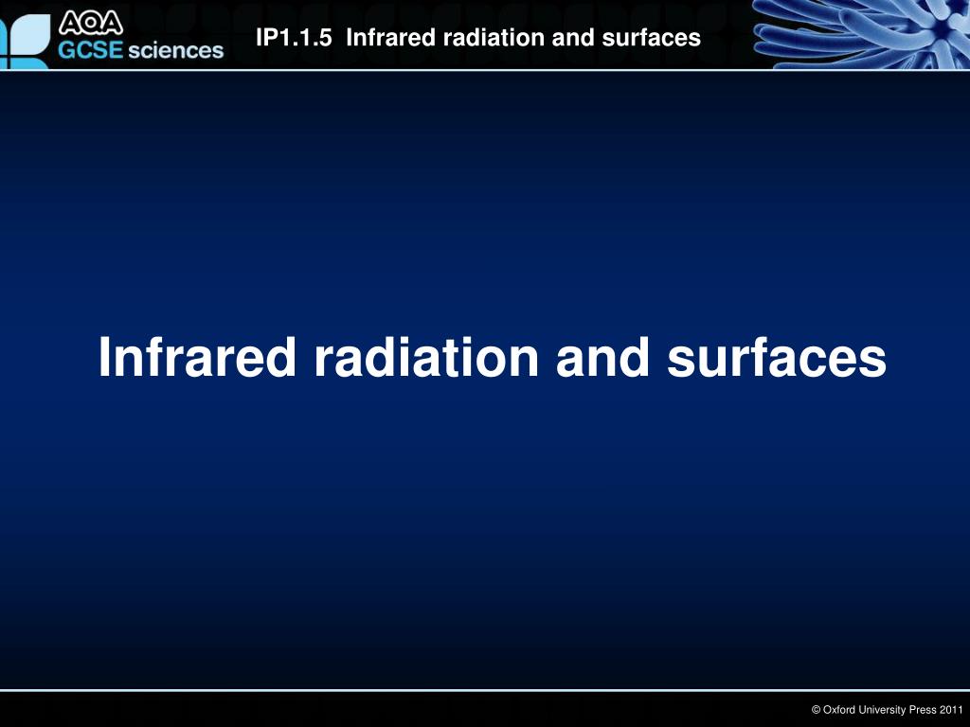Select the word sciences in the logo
175,50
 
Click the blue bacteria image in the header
857,34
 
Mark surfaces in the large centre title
777,357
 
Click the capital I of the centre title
105,357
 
